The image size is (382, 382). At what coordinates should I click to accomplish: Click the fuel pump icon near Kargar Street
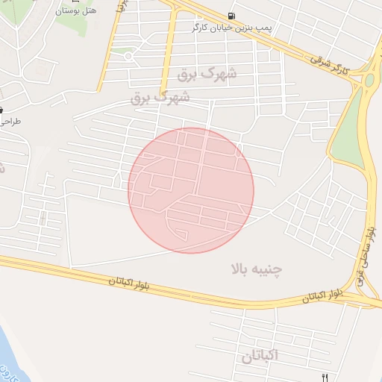tap(234, 16)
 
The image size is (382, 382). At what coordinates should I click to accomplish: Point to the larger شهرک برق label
tap(207, 75)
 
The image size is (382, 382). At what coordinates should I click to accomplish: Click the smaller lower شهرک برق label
tap(160, 98)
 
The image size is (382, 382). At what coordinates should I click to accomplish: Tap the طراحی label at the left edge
tap(10, 121)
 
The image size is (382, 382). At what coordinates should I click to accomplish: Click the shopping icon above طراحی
tap(1, 110)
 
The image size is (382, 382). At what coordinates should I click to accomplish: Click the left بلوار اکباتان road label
tap(112, 281)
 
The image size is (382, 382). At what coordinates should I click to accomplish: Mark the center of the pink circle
tap(191, 190)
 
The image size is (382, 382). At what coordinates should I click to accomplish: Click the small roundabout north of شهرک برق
tap(128, 56)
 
